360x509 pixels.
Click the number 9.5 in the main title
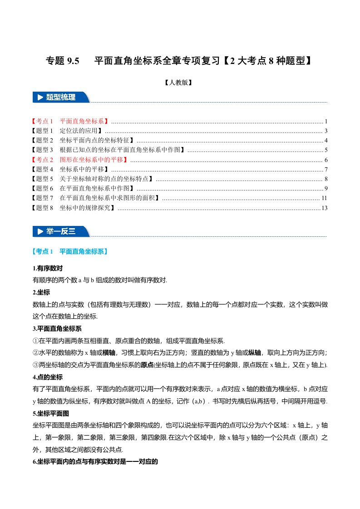point(73,60)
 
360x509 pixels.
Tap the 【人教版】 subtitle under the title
point(180,83)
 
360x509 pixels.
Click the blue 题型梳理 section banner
point(61,97)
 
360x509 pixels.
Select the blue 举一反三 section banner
point(61,231)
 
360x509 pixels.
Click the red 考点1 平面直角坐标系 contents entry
point(70,121)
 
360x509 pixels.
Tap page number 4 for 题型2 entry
point(326,140)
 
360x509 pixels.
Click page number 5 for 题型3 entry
point(326,150)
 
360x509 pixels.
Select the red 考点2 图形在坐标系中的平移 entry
point(80,160)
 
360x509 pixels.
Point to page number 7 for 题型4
point(326,169)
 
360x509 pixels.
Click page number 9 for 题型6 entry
point(326,188)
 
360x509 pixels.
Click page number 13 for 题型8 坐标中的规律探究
point(324,208)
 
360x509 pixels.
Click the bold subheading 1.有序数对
point(47,268)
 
